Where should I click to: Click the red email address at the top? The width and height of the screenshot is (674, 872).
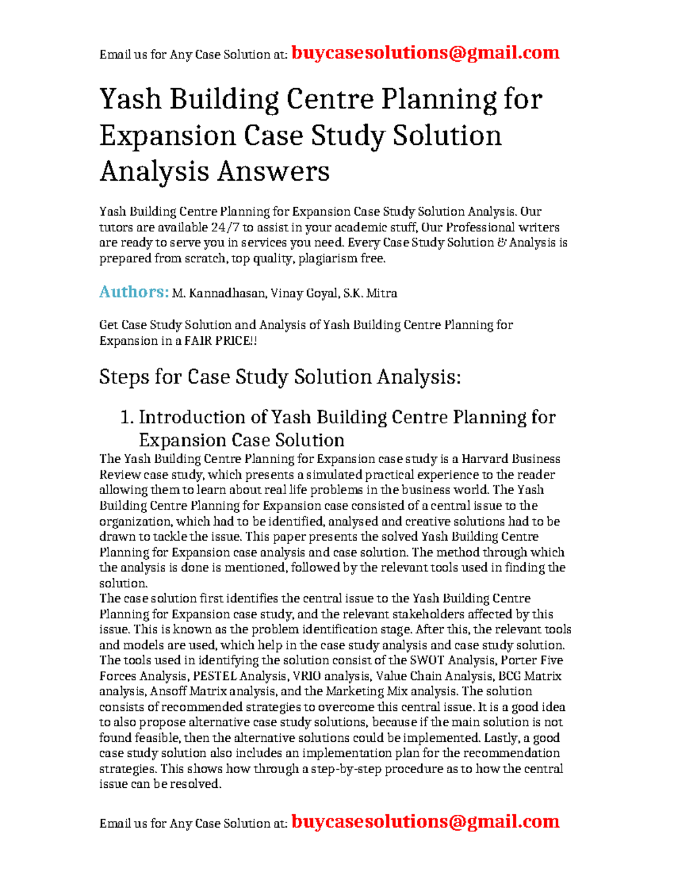426,53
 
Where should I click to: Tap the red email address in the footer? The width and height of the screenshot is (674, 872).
426,821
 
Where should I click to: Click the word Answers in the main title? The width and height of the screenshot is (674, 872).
273,171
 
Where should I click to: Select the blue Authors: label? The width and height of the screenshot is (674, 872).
134,292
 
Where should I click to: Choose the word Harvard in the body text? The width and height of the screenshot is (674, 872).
486,459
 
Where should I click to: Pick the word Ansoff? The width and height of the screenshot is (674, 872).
168,691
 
